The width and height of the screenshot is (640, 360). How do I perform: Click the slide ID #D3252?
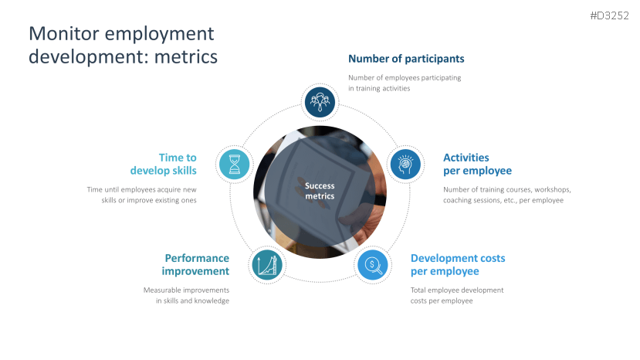coord(609,15)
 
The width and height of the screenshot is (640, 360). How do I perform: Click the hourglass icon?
coord(234,165)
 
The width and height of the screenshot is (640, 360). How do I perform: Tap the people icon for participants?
coord(320,102)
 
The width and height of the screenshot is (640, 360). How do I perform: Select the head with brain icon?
coord(405,165)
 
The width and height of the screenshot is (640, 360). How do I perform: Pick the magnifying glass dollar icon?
coord(373,265)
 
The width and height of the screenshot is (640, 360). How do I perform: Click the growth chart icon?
coord(267,265)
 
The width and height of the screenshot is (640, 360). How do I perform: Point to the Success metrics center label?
coord(320,191)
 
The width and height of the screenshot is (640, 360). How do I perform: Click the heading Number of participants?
coord(406,59)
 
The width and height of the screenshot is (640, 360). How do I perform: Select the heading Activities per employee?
coord(477,164)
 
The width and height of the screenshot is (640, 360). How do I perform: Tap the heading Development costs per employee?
coord(458,265)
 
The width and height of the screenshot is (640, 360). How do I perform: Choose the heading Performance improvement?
coord(195,265)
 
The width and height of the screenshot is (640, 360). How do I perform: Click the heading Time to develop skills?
coord(163,164)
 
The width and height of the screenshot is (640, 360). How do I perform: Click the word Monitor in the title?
coord(64,33)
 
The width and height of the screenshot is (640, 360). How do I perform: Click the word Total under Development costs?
coord(418,290)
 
